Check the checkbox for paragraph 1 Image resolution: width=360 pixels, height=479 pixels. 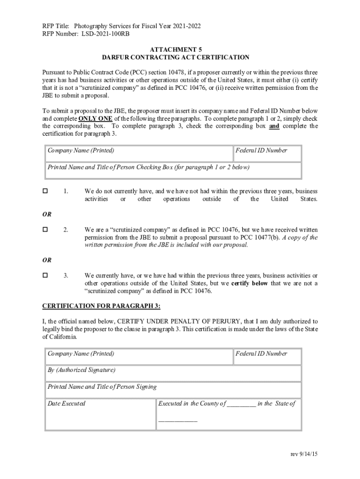tap(45, 191)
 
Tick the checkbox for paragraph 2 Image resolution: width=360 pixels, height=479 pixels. tap(45, 230)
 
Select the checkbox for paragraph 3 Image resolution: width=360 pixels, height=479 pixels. tap(45, 276)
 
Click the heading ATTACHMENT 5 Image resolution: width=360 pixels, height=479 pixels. tap(176, 50)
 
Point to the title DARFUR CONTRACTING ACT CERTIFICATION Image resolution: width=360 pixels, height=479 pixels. tap(176, 58)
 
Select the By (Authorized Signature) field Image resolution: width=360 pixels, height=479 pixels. tap(173, 374)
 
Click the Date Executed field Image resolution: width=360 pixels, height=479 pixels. tap(100, 414)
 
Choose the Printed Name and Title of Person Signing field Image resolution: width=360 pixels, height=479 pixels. tap(173, 390)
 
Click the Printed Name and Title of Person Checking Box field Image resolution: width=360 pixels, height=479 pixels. tap(173, 170)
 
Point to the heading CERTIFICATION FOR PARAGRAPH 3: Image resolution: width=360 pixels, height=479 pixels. tap(101, 306)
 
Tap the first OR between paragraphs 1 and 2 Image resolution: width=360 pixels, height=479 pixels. tap(47, 214)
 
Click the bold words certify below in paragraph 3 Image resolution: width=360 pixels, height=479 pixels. tap(251, 283)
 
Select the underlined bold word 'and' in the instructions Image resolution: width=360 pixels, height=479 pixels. tap(274, 126)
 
